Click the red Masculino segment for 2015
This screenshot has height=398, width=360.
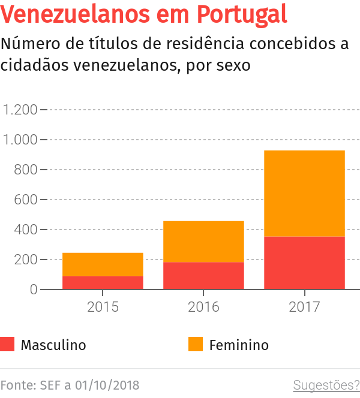click(x=103, y=282)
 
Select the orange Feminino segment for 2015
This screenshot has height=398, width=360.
click(x=103, y=264)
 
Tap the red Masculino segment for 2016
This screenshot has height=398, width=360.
click(x=203, y=276)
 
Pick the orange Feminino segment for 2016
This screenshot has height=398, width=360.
click(x=203, y=242)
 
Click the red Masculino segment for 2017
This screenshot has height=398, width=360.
click(x=304, y=263)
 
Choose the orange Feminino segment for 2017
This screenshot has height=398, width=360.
click(x=304, y=194)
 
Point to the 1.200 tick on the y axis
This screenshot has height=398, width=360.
click(x=20, y=110)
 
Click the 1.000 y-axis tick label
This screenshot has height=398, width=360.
click(x=20, y=140)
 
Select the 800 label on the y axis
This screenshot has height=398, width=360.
click(x=26, y=170)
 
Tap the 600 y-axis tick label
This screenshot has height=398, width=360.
click(x=26, y=200)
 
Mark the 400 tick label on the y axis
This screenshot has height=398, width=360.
click(x=26, y=230)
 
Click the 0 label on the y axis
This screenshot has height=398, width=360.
click(x=34, y=290)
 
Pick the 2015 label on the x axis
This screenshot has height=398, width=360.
click(x=103, y=307)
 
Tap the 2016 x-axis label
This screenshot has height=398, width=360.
click(x=203, y=307)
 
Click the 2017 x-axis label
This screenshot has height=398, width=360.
click(x=304, y=307)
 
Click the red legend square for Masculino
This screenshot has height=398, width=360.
click(x=7, y=345)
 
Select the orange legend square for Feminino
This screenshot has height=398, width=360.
click(x=196, y=345)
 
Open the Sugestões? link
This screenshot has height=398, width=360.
click(x=326, y=384)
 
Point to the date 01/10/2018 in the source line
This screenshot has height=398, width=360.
click(x=106, y=384)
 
